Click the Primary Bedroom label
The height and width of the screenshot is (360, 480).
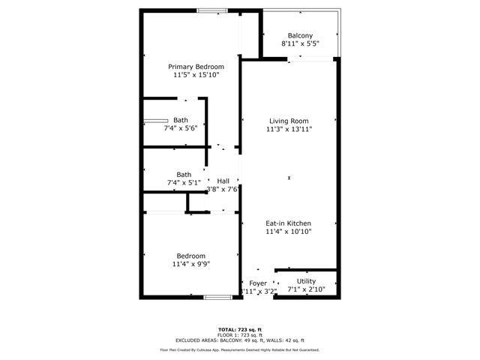(196, 67)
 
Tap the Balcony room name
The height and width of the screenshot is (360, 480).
(300, 35)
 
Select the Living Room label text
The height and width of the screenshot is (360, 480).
(289, 121)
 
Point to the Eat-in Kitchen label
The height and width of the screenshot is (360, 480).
(289, 223)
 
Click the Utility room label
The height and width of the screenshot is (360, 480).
(306, 281)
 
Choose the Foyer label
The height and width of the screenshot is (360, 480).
(258, 283)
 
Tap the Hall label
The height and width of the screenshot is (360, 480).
(223, 181)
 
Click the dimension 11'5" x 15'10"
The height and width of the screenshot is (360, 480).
(196, 75)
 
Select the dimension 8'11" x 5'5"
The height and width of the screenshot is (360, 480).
(300, 43)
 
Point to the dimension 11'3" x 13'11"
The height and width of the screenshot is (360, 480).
(289, 129)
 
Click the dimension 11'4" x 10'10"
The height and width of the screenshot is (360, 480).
(289, 232)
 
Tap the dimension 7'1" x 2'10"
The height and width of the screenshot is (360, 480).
(306, 289)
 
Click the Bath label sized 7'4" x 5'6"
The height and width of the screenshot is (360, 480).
(181, 120)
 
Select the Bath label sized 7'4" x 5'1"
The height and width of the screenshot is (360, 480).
(184, 175)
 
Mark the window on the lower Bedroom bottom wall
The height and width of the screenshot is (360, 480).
(217, 298)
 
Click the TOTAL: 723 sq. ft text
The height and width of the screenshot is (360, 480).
(240, 330)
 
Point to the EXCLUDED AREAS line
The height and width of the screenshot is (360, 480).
(240, 340)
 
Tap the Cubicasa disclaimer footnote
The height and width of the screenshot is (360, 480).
(240, 349)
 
